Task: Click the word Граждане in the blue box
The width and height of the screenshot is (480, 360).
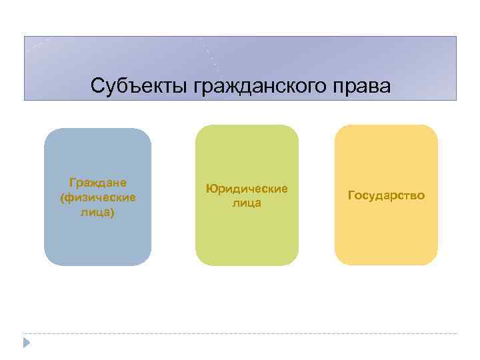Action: [99, 182]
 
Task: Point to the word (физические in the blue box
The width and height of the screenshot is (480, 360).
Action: [98, 197]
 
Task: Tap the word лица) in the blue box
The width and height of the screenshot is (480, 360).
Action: [98, 212]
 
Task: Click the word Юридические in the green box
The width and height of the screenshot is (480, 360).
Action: [247, 189]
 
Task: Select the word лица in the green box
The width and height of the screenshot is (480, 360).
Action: [247, 203]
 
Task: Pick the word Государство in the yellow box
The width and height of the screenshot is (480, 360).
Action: [386, 196]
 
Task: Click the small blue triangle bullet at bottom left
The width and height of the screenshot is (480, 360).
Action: [27, 343]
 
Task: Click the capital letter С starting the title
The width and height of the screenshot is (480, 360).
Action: [97, 87]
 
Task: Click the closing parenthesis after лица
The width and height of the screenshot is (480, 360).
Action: [113, 213]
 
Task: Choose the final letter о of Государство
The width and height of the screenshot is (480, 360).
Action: [421, 197]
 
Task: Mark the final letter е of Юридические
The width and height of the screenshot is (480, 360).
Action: [285, 189]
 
